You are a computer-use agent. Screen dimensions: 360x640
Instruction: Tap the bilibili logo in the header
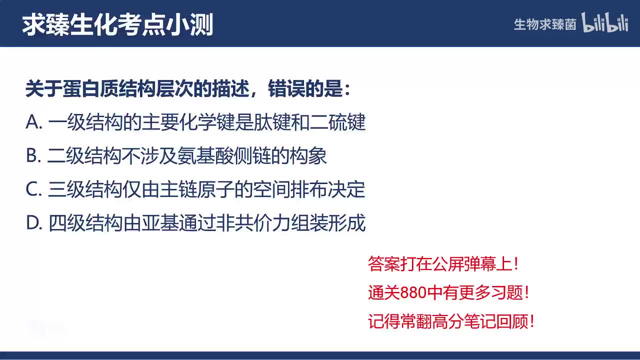[x=605, y=23]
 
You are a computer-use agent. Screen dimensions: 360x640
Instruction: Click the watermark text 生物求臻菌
[x=545, y=24]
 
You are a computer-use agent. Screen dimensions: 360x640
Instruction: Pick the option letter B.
[x=31, y=156]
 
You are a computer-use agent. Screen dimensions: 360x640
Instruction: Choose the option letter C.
[x=32, y=190]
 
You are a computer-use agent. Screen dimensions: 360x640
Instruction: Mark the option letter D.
[x=32, y=223]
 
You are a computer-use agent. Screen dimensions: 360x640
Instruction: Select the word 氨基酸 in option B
[x=216, y=156]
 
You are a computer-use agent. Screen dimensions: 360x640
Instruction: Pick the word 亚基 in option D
[x=159, y=223]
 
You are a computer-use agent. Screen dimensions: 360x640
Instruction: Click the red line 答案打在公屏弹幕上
[x=443, y=264]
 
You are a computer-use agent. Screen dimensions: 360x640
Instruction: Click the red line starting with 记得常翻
[x=451, y=321]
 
